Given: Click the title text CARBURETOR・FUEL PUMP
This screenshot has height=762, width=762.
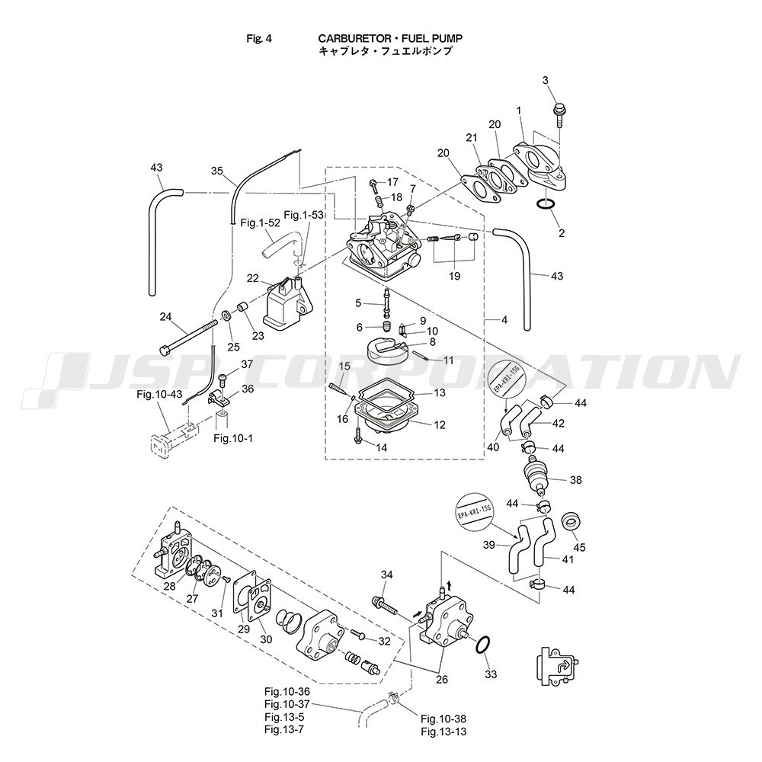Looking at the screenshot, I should (x=390, y=37).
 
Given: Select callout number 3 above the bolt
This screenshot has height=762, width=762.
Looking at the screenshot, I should (x=545, y=80).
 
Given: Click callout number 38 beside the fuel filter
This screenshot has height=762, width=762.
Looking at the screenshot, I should (x=575, y=481).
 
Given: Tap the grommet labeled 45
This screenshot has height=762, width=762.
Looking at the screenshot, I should (x=571, y=524).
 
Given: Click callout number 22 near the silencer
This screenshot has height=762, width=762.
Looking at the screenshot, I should (x=252, y=278).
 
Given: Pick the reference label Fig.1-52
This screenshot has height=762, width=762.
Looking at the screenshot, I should (x=260, y=223).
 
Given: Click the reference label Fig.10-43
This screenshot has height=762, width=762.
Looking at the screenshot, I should (x=160, y=394).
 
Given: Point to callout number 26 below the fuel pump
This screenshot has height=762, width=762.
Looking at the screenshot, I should (x=442, y=680).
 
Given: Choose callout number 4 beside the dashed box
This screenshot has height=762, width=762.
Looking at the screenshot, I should (x=504, y=320).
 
